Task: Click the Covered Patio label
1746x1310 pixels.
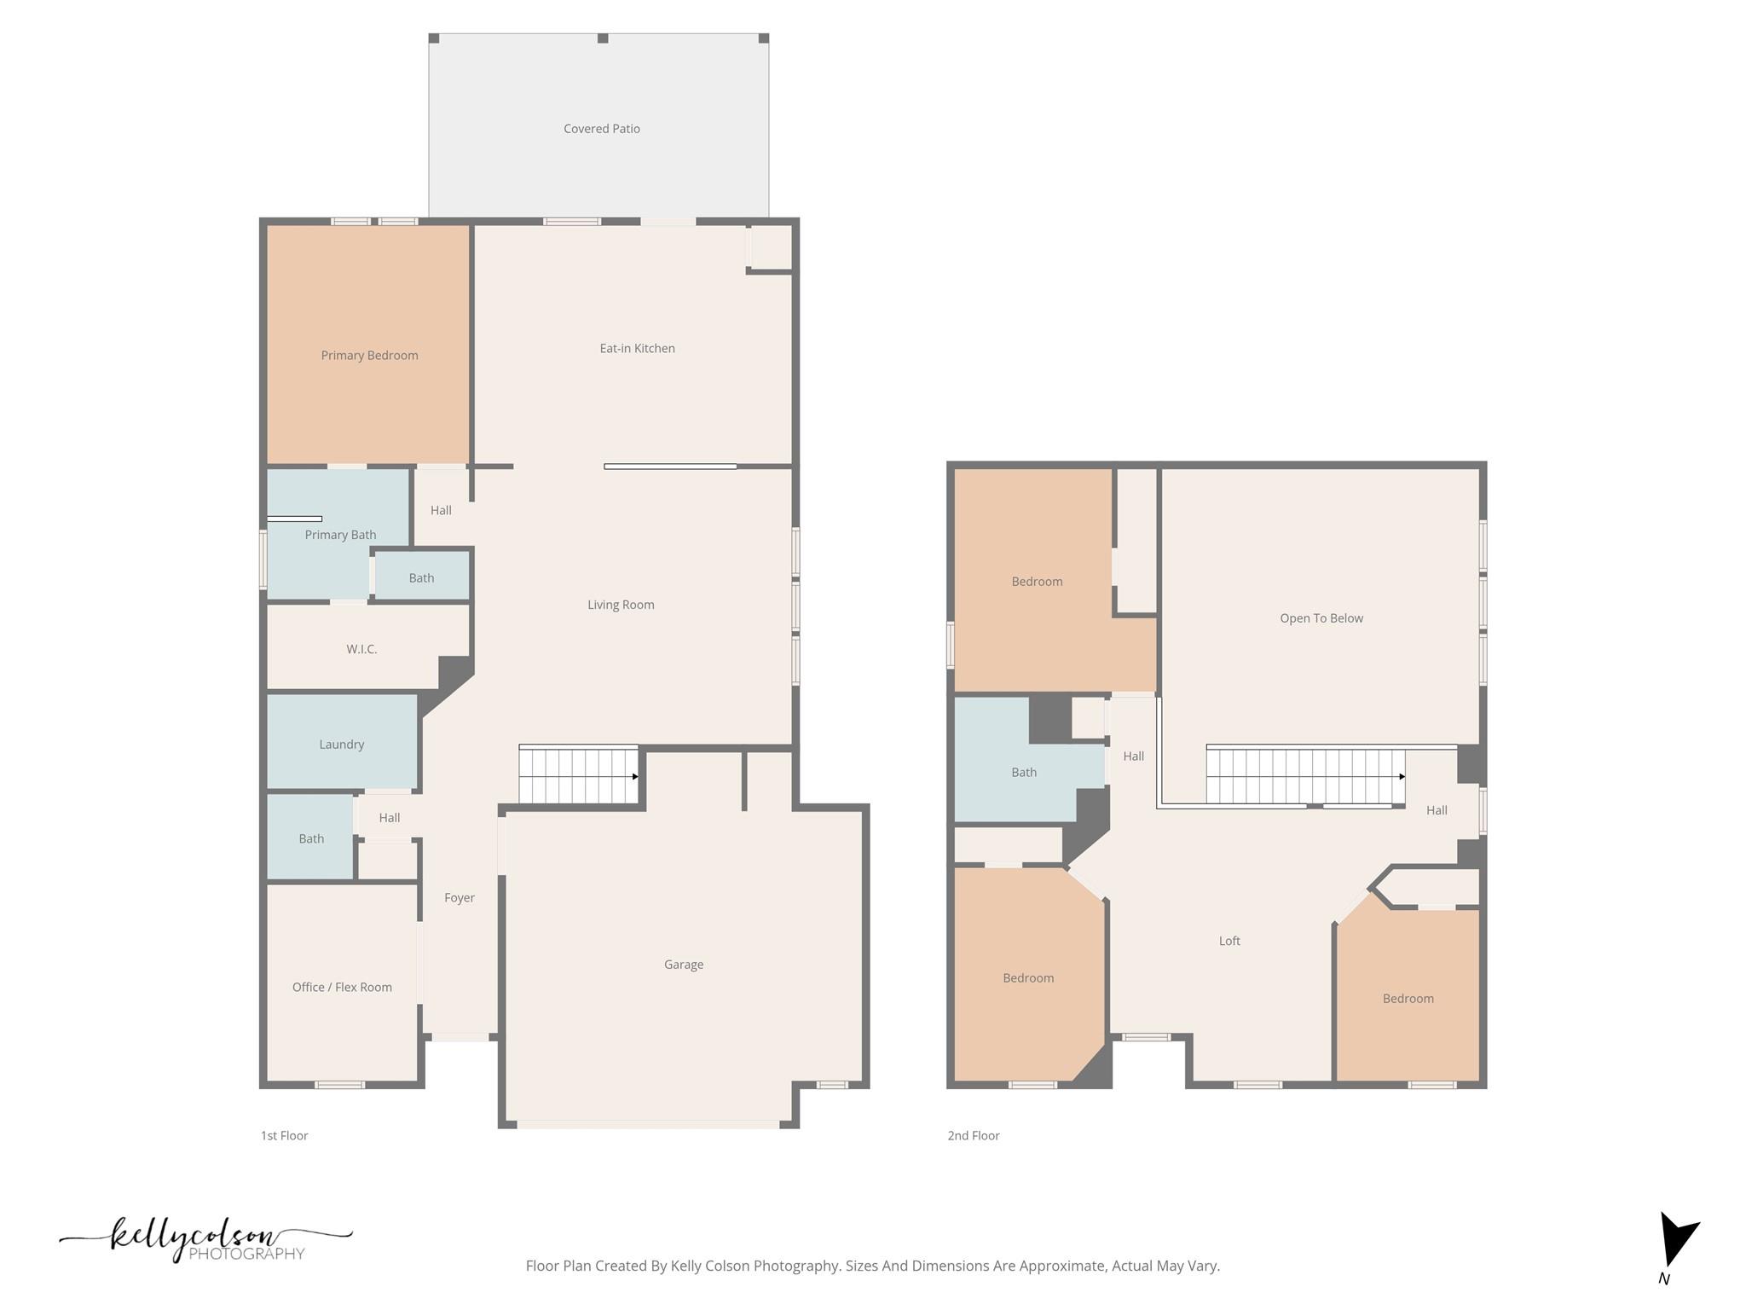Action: click(601, 129)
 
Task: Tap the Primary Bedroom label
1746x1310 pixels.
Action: click(369, 356)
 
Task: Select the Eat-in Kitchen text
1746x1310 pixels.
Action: click(637, 348)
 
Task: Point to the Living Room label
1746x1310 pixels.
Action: click(621, 605)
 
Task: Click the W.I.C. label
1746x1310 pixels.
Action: click(361, 649)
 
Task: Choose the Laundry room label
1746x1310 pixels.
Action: click(341, 745)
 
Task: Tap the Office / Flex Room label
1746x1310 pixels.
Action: click(342, 987)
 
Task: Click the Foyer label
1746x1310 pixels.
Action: click(459, 897)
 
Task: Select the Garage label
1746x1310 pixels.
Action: click(683, 965)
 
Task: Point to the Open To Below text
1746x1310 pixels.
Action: click(1321, 618)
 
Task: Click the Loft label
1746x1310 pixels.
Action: click(1229, 941)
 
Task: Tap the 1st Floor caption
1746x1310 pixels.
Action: click(284, 1135)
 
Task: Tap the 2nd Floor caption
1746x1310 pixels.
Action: click(973, 1135)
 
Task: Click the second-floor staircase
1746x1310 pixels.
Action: click(1304, 776)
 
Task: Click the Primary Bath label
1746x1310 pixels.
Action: click(340, 535)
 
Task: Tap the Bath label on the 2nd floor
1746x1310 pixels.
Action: click(1023, 773)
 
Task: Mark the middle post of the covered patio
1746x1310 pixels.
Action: click(603, 38)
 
